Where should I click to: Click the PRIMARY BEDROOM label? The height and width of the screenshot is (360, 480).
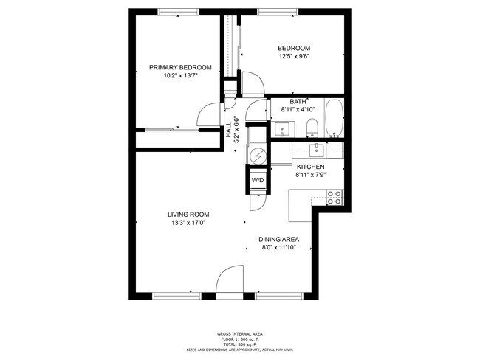click(180, 67)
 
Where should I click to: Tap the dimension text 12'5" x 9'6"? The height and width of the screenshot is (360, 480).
click(293, 56)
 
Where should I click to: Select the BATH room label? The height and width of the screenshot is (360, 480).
click(298, 102)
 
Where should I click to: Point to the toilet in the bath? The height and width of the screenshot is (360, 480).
click(312, 127)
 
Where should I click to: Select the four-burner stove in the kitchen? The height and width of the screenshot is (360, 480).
click(335, 197)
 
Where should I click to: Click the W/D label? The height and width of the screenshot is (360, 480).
click(258, 180)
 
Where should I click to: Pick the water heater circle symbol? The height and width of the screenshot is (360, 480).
click(257, 156)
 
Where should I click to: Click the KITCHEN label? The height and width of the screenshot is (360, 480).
click(310, 167)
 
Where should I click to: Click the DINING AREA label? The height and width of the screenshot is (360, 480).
click(278, 240)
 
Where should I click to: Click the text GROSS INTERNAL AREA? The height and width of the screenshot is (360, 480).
click(239, 333)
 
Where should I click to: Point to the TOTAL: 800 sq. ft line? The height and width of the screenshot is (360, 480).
click(239, 345)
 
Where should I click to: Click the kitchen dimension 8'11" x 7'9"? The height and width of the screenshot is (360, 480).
click(310, 175)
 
